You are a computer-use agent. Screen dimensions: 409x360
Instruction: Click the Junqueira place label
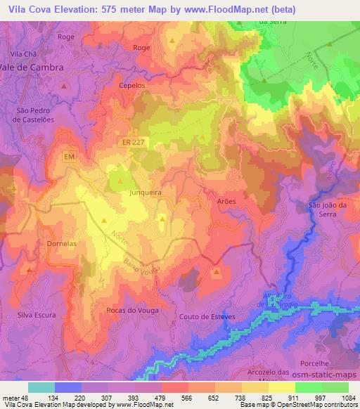click(146, 190)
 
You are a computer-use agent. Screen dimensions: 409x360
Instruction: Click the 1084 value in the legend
click(348, 398)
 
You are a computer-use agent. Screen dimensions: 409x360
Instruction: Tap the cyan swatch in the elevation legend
click(41, 387)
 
